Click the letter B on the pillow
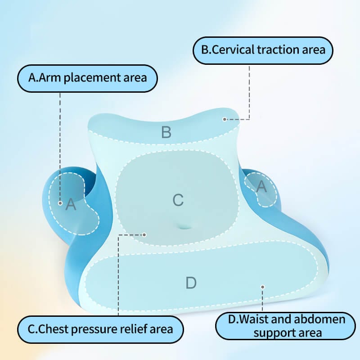pos(166,132)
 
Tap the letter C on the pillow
pos(178,200)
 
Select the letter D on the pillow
pos(191,283)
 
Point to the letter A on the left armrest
pos(71,205)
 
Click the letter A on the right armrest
pos(261,186)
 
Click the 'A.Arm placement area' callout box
pos(88,78)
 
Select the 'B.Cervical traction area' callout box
pos(263,49)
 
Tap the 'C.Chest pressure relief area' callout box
pos(100,329)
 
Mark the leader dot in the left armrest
pos(60,203)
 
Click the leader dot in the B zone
pos(224,119)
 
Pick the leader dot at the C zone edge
pos(144,234)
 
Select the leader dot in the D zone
pos(263,286)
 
